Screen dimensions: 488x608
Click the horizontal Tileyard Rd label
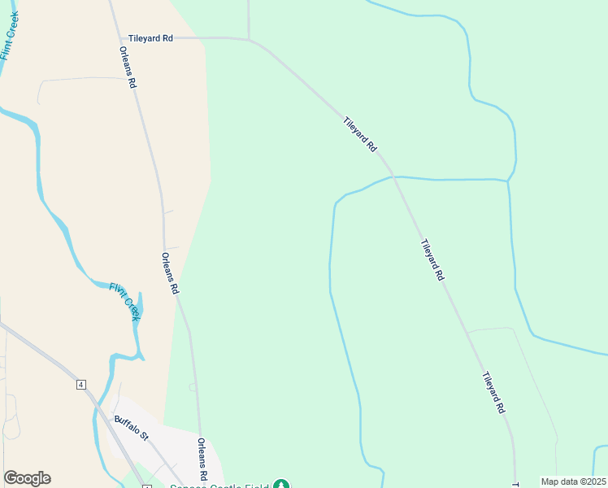151,38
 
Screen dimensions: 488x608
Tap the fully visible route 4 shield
81,385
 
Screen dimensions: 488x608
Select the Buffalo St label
132,428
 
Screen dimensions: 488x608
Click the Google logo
27,478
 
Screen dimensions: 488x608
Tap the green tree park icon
281,486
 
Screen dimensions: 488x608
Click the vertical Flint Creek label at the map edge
9,37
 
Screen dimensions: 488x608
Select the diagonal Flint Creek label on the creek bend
125,301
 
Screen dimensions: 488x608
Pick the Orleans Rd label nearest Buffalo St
202,460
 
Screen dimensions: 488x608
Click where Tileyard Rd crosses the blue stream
393,176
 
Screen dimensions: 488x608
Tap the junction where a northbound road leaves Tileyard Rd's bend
249,38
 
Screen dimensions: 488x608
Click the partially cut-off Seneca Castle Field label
219,486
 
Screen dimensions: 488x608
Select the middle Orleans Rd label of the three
170,273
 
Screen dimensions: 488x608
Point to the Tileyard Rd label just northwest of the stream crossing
360,135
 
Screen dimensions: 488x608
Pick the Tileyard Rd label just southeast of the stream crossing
432,260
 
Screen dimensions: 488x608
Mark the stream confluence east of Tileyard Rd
508,180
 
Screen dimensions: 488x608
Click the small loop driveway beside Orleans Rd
192,388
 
